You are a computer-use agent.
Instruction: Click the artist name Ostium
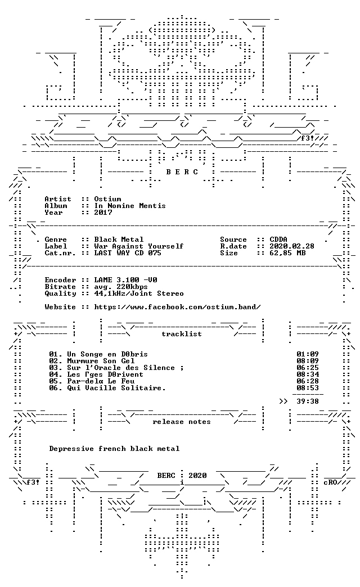pyautogui.click(x=107, y=199)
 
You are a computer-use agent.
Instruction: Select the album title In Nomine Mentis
pyautogui.click(x=129, y=206)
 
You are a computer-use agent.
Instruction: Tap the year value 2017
pyautogui.click(x=103, y=213)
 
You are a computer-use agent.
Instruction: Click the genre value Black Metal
pyautogui.click(x=119, y=239)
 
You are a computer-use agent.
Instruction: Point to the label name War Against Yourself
pyautogui.click(x=138, y=246)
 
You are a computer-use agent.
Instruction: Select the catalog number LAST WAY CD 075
pyautogui.click(x=128, y=252)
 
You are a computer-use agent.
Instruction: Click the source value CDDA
pyautogui.click(x=278, y=239)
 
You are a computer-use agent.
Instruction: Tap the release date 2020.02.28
pyautogui.click(x=292, y=246)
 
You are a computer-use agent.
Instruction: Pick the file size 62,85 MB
pyautogui.click(x=287, y=252)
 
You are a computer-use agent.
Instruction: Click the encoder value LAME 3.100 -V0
pyautogui.click(x=125, y=279)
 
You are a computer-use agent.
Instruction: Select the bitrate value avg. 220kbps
pyautogui.click(x=120, y=287)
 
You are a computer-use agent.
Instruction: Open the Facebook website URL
pyautogui.click(x=177, y=307)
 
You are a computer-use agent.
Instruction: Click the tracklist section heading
pyautogui.click(x=182, y=333)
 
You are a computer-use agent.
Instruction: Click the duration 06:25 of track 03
pyautogui.click(x=308, y=368)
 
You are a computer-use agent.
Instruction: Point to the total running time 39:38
pyautogui.click(x=308, y=401)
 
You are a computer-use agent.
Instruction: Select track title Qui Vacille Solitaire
pyautogui.click(x=116, y=388)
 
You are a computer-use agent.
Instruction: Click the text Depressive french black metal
pyautogui.click(x=114, y=449)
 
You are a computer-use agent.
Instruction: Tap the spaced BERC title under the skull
pyautogui.click(x=182, y=172)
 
